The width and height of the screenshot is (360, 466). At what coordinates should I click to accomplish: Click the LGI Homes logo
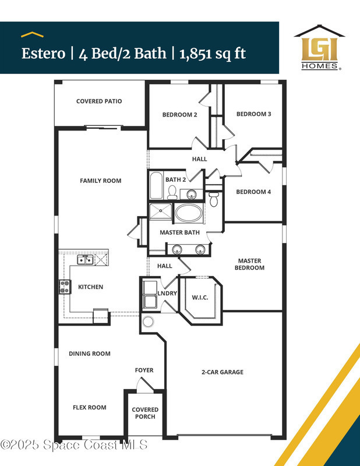320,48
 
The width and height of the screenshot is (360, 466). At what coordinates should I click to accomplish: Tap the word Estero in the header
44,54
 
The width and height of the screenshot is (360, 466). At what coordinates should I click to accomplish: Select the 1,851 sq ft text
213,54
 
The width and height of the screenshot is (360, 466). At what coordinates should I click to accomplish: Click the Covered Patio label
99,101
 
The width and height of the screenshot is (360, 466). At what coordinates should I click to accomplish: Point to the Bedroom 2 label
179,115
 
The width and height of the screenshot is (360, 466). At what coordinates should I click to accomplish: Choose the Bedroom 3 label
253,114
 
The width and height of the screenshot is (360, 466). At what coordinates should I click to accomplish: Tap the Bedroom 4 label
253,192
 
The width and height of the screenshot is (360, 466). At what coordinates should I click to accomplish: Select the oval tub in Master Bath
189,213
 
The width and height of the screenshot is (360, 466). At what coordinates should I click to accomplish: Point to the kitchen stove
65,287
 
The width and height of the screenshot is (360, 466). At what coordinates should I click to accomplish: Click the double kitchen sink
85,260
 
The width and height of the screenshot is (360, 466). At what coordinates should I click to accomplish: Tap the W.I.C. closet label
200,298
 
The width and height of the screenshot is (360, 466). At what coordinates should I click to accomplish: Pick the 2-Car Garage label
223,372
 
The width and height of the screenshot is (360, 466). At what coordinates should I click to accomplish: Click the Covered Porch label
145,413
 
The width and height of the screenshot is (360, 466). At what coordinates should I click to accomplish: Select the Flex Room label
90,407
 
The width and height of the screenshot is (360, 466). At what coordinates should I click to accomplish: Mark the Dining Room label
90,354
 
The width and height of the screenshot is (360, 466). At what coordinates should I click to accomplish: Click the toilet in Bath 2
172,192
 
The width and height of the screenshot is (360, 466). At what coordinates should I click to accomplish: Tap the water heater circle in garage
148,322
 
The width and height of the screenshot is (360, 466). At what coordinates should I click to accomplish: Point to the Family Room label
100,181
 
